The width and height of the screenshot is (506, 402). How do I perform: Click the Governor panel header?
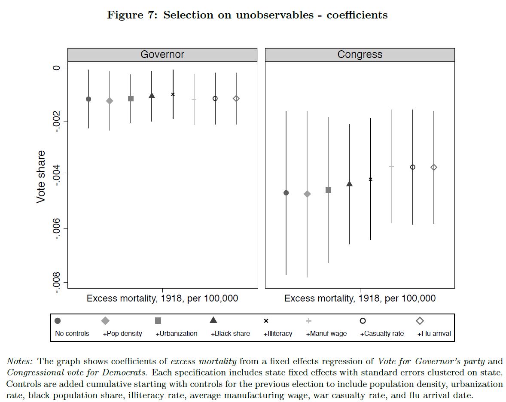(x=162, y=55)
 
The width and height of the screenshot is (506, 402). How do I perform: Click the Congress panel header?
(x=360, y=55)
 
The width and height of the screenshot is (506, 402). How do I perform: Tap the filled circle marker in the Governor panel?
(x=88, y=99)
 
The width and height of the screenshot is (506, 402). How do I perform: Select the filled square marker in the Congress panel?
(x=329, y=190)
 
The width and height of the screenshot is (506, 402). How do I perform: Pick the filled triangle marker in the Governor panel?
(x=152, y=95)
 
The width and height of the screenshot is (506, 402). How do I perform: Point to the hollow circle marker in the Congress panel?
(x=413, y=167)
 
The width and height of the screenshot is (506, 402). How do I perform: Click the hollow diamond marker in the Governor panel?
(x=236, y=99)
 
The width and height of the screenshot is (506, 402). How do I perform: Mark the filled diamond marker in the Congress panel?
(x=307, y=194)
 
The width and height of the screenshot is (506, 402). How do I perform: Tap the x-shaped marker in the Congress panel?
(x=371, y=179)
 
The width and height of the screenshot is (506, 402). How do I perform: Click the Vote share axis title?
(x=41, y=177)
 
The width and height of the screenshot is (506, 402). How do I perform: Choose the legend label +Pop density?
(x=122, y=334)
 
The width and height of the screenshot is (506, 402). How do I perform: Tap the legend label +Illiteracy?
(x=278, y=334)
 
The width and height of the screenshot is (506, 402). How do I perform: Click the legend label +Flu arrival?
(x=434, y=334)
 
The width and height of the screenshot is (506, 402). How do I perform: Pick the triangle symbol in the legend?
(x=213, y=320)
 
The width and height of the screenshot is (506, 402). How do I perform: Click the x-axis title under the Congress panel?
(x=360, y=298)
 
